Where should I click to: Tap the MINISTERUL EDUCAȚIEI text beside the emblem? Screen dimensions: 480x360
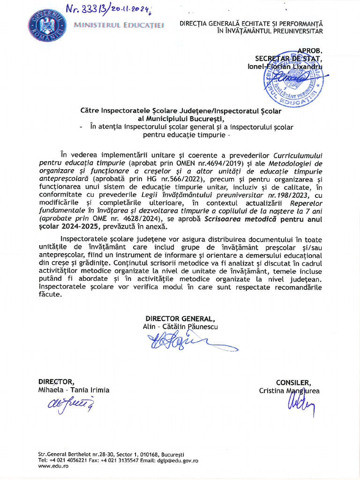point(118,25)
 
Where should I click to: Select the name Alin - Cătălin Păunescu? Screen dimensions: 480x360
point(180,326)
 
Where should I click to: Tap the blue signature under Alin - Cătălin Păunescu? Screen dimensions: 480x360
point(187,342)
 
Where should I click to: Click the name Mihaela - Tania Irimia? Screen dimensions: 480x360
point(74,390)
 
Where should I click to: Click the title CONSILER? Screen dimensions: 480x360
point(293,382)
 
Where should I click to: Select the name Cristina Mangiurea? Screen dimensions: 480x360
point(289,390)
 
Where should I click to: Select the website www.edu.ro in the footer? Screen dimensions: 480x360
point(51,466)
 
